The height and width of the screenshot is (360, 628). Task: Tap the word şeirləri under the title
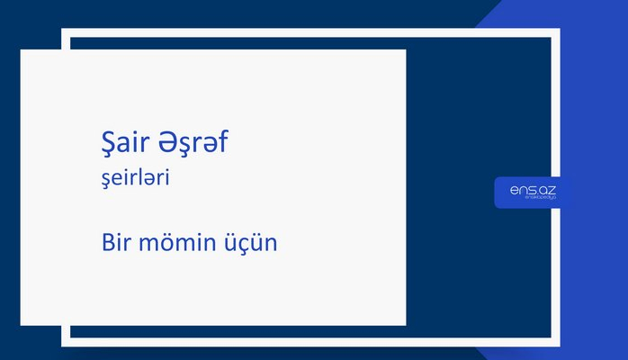click(x=136, y=179)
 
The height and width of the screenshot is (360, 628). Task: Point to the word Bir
click(x=117, y=243)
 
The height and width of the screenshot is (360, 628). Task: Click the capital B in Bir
click(x=108, y=243)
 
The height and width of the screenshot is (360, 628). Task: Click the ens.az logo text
click(x=533, y=190)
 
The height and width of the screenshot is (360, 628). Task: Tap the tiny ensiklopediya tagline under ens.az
click(x=533, y=200)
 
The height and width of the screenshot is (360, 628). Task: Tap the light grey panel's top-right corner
click(x=405, y=50)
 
